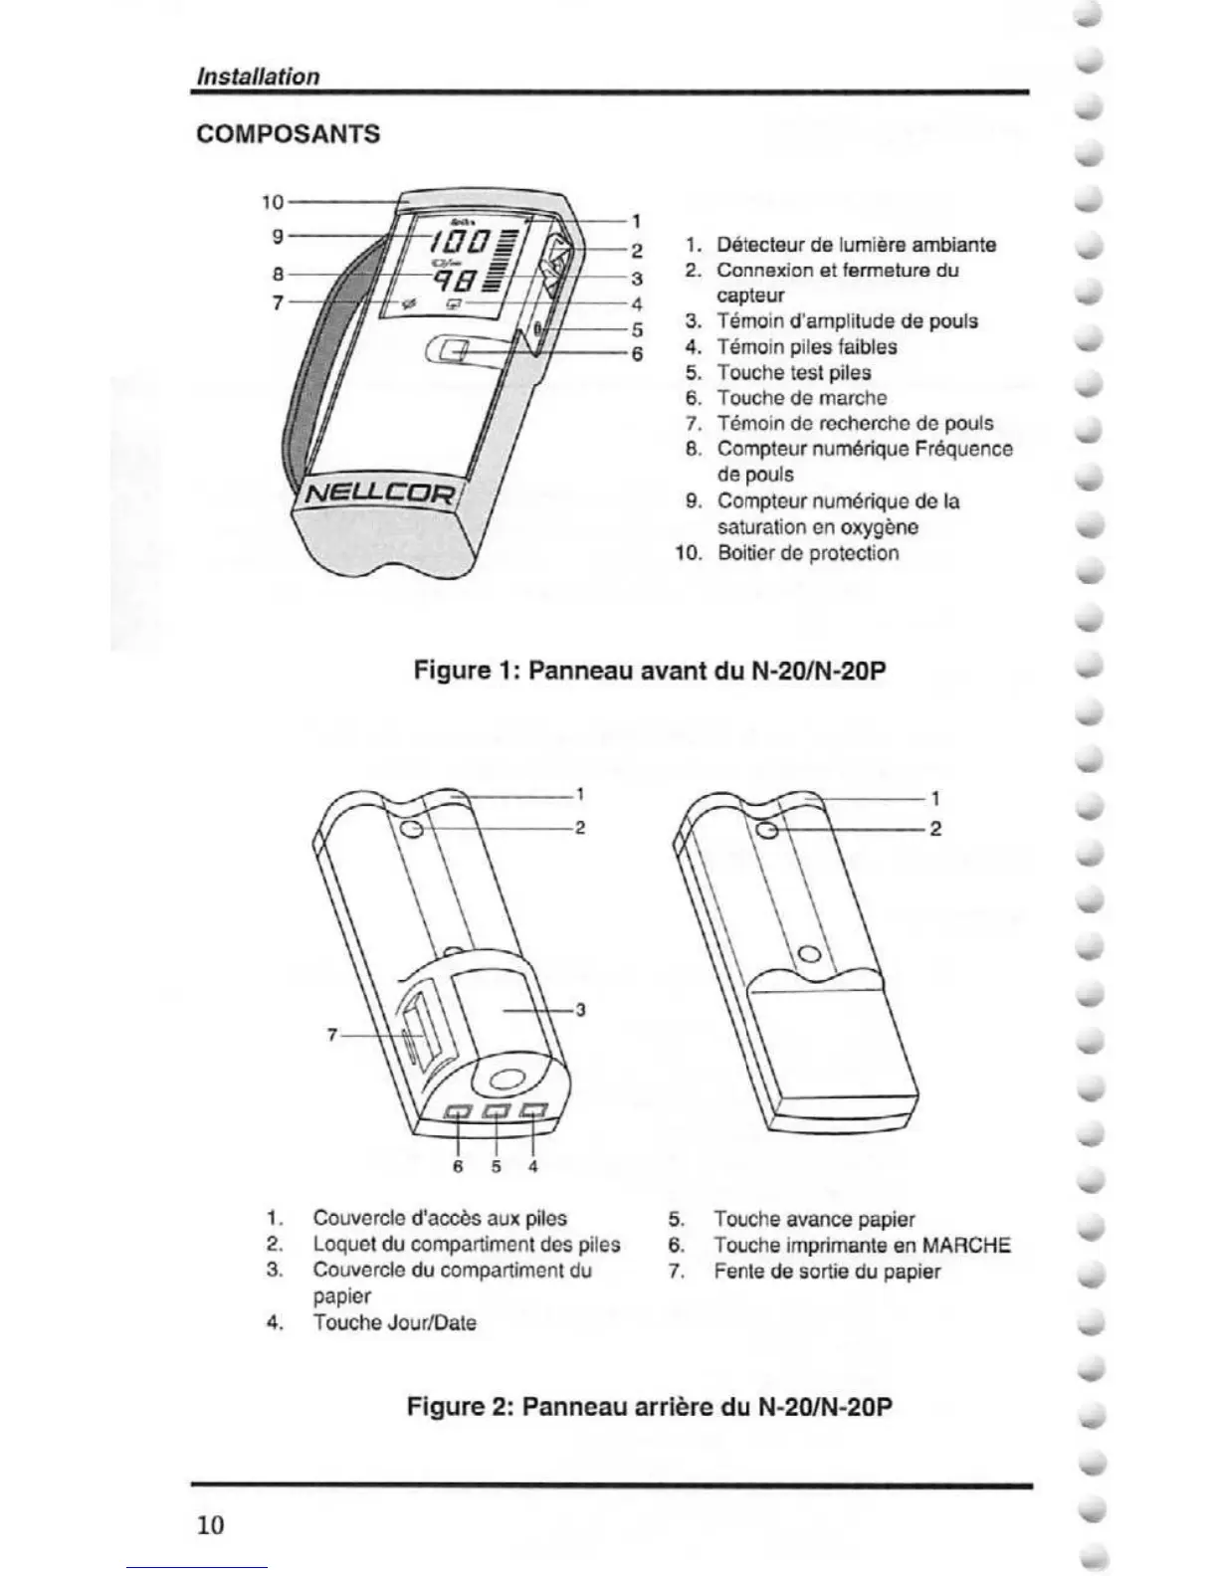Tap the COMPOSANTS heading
(289, 134)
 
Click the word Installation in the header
(258, 77)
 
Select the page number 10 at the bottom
(210, 1525)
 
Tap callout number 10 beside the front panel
(273, 202)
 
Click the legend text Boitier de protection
(807, 553)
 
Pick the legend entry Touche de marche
(801, 398)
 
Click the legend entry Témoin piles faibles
(806, 347)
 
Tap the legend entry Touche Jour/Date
(394, 1323)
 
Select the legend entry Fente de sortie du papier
(826, 1272)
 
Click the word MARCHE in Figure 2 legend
(966, 1246)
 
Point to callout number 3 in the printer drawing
(580, 1010)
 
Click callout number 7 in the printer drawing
(332, 1036)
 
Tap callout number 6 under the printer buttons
(458, 1165)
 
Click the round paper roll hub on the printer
(506, 1080)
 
